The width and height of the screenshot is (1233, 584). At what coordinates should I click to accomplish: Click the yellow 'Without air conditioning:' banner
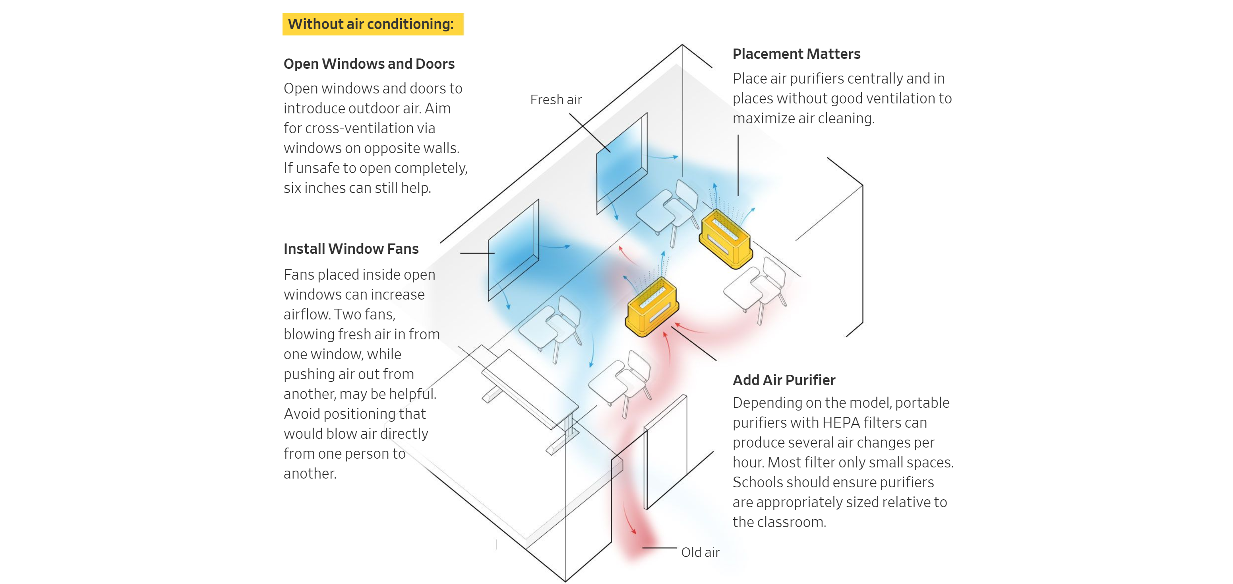pyautogui.click(x=372, y=24)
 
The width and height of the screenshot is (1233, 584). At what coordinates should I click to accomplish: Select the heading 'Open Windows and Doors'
pyautogui.click(x=369, y=64)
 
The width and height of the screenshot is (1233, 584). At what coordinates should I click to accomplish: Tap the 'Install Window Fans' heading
pyautogui.click(x=351, y=249)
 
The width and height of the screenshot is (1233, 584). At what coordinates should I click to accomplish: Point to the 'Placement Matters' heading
pyautogui.click(x=796, y=54)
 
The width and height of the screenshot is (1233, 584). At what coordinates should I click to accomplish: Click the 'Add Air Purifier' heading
pyautogui.click(x=784, y=380)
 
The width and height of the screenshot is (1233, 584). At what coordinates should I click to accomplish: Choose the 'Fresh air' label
pyautogui.click(x=556, y=99)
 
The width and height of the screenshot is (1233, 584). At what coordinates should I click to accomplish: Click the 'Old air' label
pyautogui.click(x=700, y=553)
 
